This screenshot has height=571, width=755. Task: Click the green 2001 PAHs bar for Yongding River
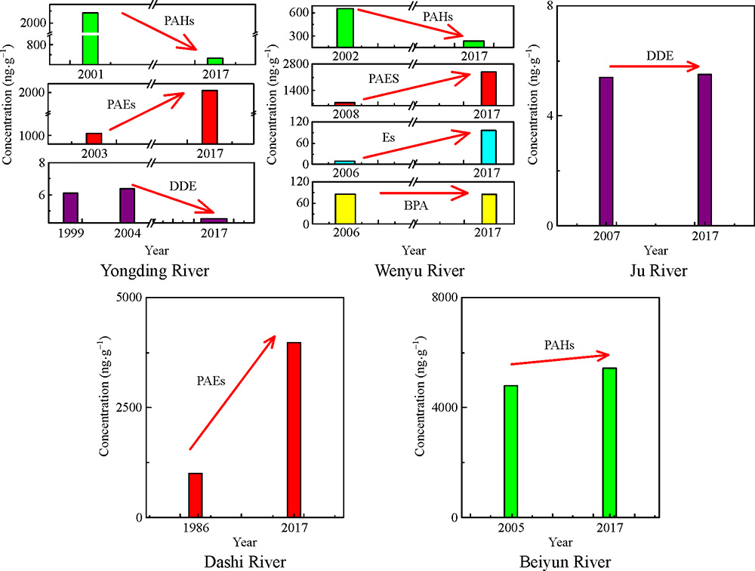89,38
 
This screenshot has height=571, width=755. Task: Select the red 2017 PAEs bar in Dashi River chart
294,430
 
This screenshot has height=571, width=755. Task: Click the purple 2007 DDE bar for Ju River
606,151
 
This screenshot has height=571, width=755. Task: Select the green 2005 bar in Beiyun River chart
510,451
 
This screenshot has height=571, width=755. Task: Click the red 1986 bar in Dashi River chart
196,495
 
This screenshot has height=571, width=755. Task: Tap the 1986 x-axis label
196,528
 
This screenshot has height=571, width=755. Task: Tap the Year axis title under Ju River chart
656,250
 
